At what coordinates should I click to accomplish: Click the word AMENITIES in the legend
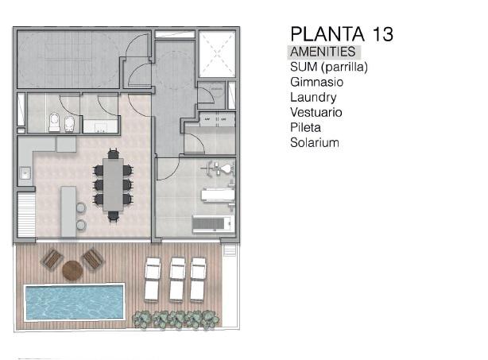[323, 52]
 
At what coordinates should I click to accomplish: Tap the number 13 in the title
[382, 33]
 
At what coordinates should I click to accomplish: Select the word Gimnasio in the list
[317, 82]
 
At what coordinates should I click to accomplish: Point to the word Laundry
[313, 98]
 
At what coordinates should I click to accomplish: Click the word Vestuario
[316, 112]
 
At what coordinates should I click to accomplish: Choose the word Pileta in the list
[305, 127]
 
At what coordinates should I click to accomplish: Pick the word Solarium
[314, 142]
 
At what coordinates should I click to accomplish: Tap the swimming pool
[75, 301]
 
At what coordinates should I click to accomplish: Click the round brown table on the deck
[72, 270]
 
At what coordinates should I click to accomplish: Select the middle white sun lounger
[178, 279]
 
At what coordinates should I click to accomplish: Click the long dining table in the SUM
[114, 185]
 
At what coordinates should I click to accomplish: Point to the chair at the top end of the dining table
[114, 153]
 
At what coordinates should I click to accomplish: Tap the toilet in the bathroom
[54, 122]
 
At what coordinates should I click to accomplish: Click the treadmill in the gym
[213, 223]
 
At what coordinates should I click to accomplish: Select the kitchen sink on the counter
[25, 173]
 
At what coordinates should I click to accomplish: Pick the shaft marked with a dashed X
[217, 54]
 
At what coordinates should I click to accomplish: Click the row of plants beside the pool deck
[176, 319]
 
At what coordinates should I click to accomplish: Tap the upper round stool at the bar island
[80, 207]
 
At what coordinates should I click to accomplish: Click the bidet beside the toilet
[69, 123]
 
